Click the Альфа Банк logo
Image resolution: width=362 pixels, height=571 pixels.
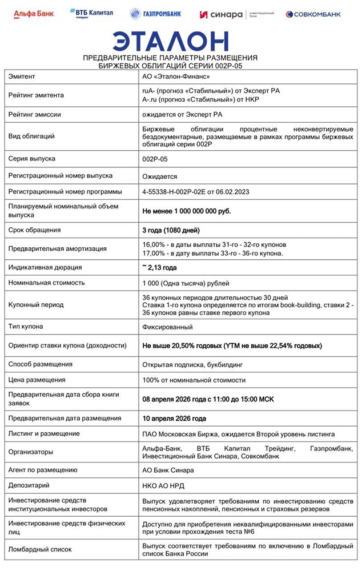pyautogui.click(x=34, y=13)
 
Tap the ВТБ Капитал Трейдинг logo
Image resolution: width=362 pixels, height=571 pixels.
pyautogui.click(x=91, y=13)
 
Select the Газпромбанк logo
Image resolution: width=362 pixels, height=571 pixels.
pyautogui.click(x=155, y=13)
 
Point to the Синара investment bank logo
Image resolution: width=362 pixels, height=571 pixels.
pyautogui.click(x=236, y=14)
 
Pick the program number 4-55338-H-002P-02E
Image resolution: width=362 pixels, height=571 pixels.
pyautogui.click(x=195, y=191)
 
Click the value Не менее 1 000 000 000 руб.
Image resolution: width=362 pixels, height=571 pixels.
pyautogui.click(x=186, y=211)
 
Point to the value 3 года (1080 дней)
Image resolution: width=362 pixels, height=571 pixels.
pyautogui.click(x=171, y=230)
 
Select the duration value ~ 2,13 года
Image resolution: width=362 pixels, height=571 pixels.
pyautogui.click(x=159, y=267)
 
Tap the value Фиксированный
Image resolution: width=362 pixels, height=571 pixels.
pyautogui.click(x=167, y=327)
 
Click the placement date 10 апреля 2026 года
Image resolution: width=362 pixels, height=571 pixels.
pyautogui.click(x=174, y=419)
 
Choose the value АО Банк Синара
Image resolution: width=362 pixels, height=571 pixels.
pyautogui.click(x=168, y=470)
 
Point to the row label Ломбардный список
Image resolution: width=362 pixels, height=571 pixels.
pyautogui.click(x=40, y=549)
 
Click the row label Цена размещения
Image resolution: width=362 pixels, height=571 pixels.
pyautogui.click(x=37, y=380)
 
